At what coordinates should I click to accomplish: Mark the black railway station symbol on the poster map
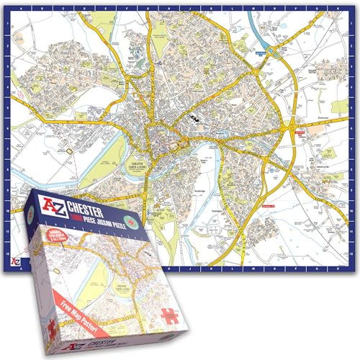(193, 114)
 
